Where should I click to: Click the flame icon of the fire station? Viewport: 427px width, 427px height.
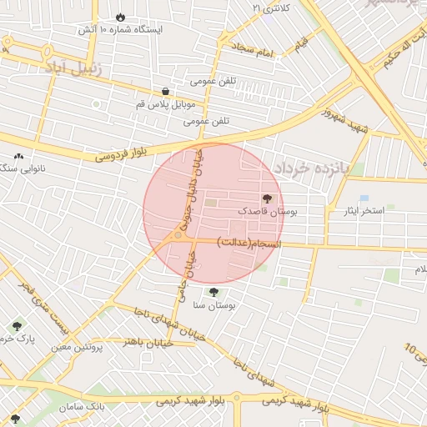(x=121, y=16)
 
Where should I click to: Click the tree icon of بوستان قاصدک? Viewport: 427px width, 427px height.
(x=267, y=199)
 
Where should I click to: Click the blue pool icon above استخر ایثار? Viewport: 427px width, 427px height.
(x=364, y=198)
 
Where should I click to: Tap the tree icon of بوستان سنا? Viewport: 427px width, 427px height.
(x=213, y=293)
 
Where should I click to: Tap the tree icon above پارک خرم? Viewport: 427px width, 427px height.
(x=16, y=324)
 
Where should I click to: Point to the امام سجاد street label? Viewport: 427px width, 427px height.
(x=254, y=53)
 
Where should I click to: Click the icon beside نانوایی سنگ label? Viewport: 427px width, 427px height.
(x=18, y=156)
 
